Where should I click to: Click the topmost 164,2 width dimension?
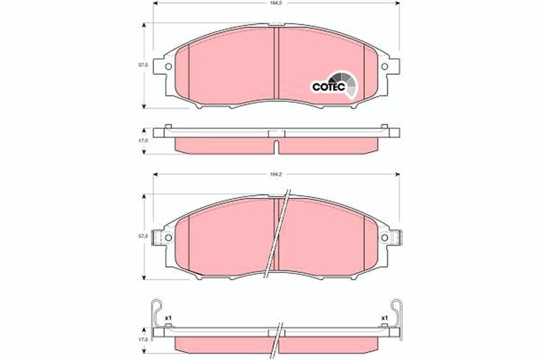tap(275, 4)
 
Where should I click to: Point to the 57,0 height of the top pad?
tap(142, 66)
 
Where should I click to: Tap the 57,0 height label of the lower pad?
tap(142, 236)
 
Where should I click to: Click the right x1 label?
tap(383, 317)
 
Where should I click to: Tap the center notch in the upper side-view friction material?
tap(275, 145)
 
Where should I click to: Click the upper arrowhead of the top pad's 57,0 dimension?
tap(144, 26)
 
